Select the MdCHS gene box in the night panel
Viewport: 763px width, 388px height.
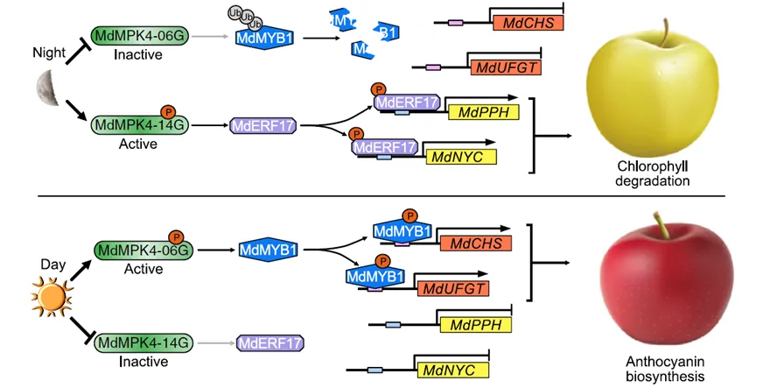pos(527,24)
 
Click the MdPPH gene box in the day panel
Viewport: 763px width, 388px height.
pos(476,325)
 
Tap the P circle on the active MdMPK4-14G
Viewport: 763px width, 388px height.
pos(168,111)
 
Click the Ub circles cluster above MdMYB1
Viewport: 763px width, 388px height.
pos(243,18)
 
